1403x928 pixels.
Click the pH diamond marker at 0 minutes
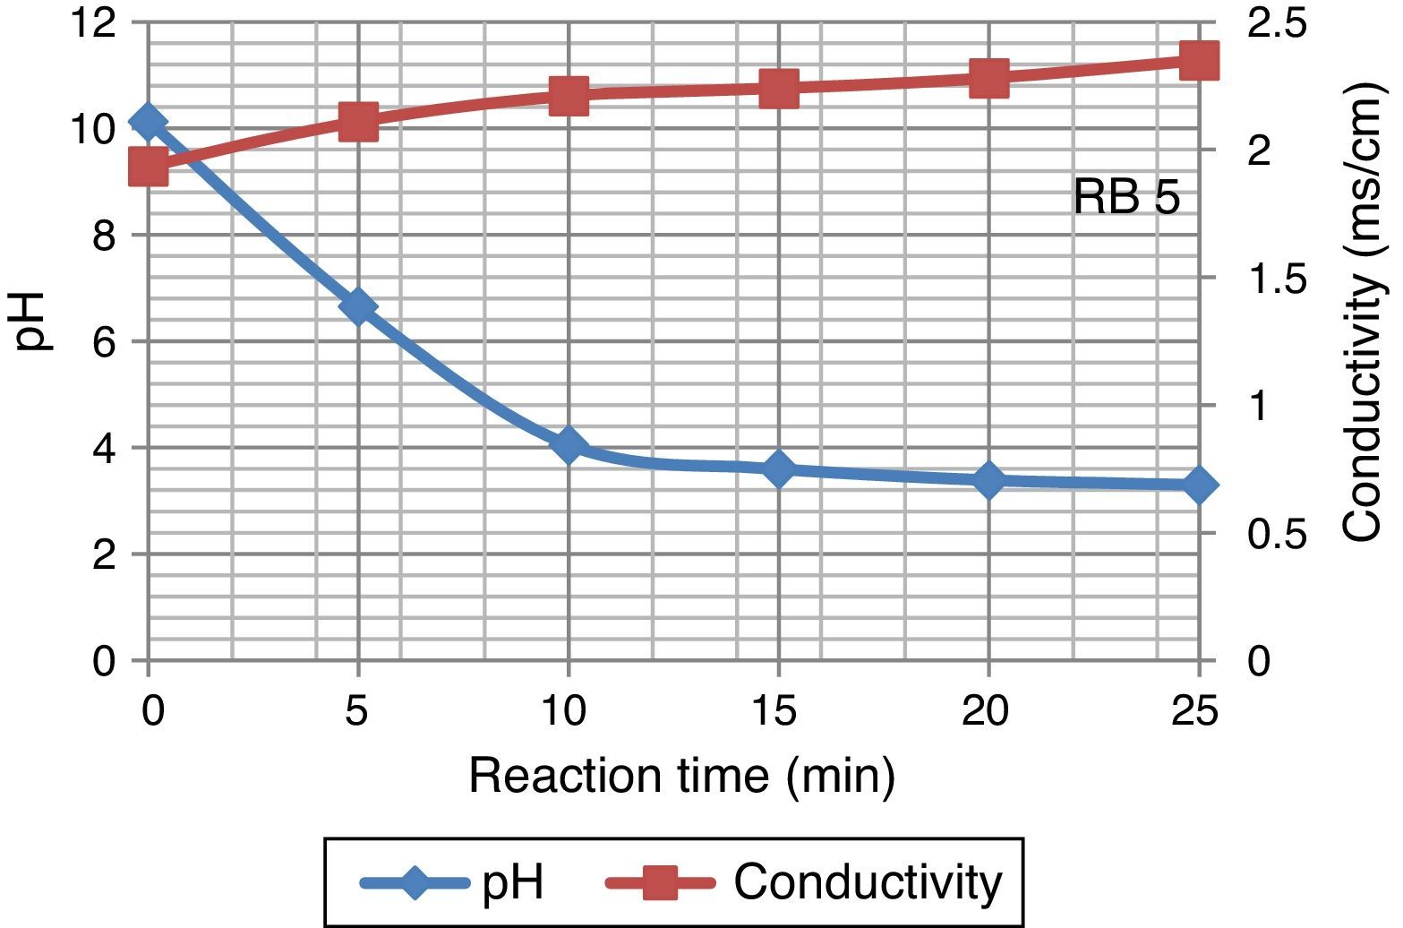148,122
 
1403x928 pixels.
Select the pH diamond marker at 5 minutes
358,306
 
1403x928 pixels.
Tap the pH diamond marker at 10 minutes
569,444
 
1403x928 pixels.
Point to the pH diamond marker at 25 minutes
1199,485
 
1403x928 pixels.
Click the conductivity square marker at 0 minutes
148,167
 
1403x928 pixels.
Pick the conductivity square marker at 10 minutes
569,94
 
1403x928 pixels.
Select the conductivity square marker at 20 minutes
988,78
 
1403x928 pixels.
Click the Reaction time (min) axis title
681,776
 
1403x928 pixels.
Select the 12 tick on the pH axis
95,22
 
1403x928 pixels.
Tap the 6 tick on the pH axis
104,341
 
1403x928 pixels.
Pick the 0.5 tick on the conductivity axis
1277,535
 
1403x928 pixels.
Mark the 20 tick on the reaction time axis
986,712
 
